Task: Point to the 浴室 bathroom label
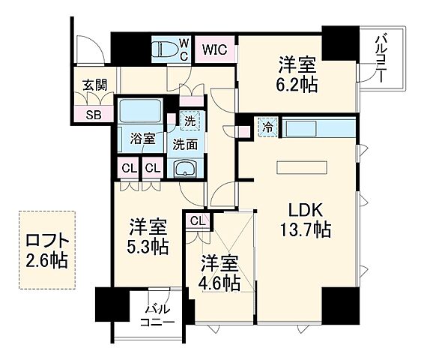(142, 138)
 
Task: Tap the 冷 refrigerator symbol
(267, 127)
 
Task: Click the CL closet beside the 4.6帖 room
(197, 220)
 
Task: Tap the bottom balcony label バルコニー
(158, 314)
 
